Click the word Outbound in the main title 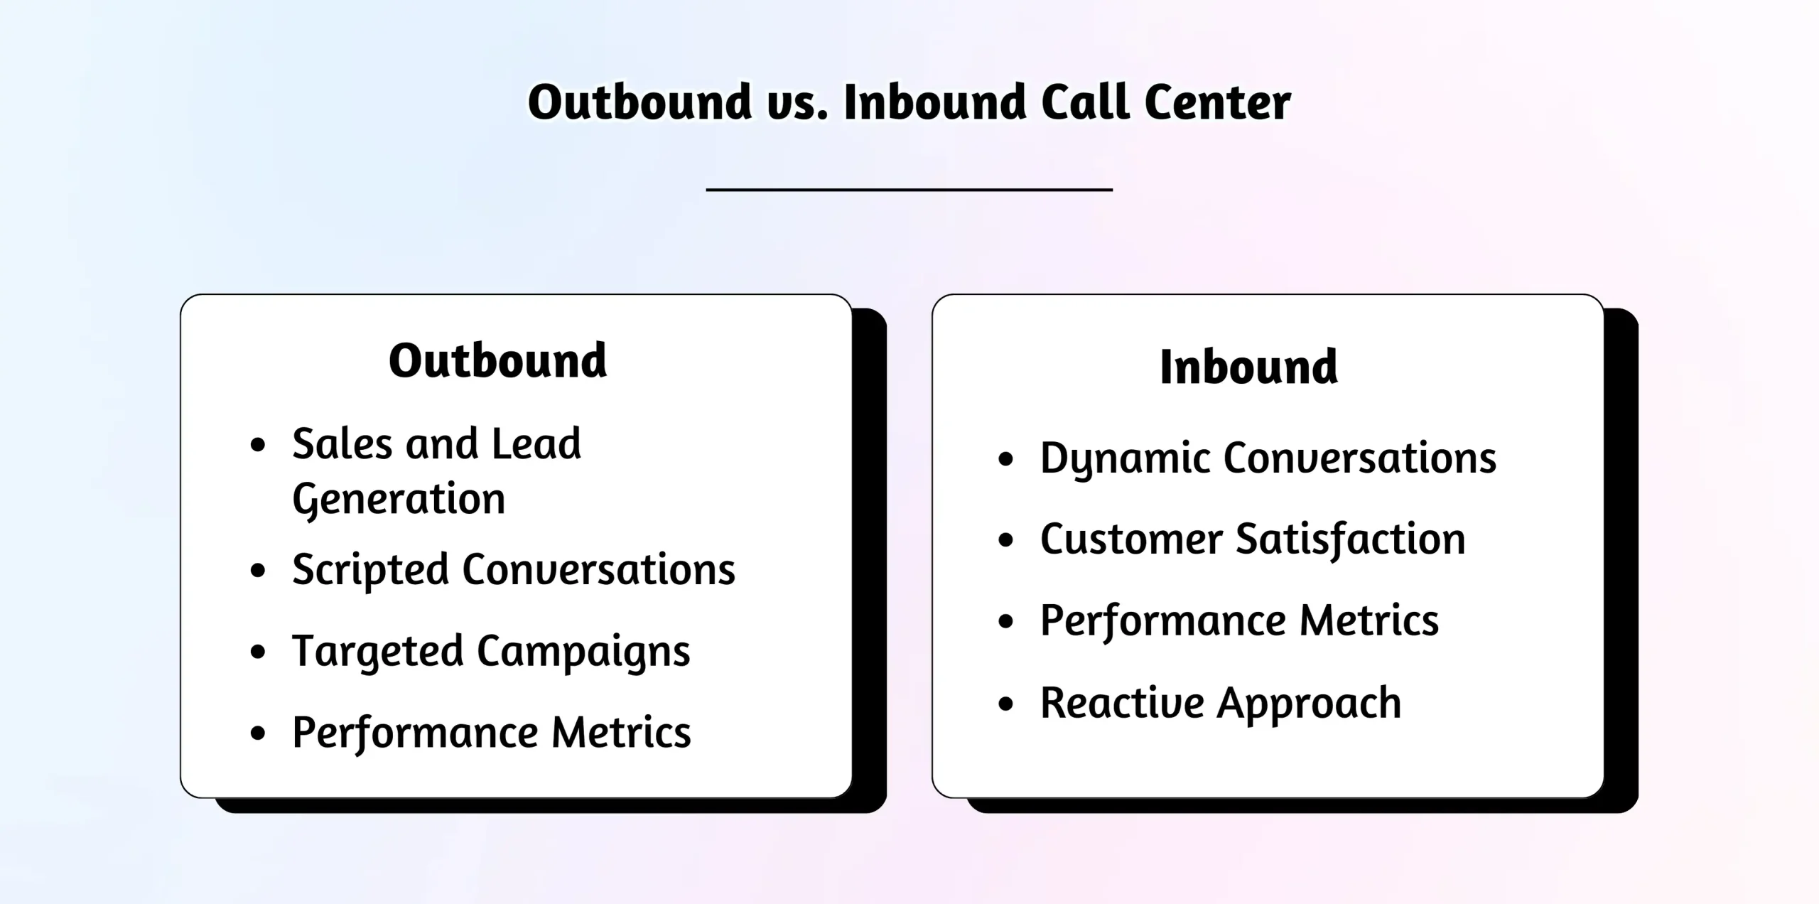click(639, 102)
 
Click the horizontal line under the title click(909, 190)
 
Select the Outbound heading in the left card click(497, 360)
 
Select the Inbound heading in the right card click(1248, 367)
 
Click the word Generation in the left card click(399, 499)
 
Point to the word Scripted click(370, 570)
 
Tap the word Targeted click(377, 652)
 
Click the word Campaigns click(583, 652)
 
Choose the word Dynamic click(1125, 458)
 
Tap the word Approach click(1309, 704)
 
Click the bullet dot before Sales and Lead click(258, 446)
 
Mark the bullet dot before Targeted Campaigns click(258, 652)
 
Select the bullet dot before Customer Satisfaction click(1005, 540)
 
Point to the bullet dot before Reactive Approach click(1005, 704)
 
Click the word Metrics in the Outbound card click(621, 732)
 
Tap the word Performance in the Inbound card click(1163, 621)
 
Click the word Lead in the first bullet click(536, 444)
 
